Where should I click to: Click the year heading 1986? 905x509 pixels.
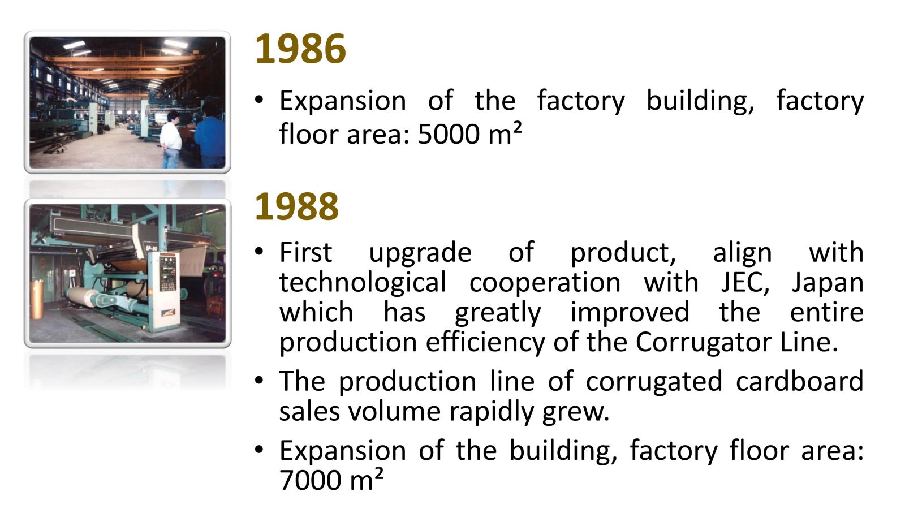[x=300, y=49]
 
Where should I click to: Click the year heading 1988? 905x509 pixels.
[x=296, y=206]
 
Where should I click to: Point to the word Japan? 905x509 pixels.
[x=828, y=283]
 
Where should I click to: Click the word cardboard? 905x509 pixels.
[x=800, y=381]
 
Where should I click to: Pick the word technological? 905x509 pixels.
[x=363, y=283]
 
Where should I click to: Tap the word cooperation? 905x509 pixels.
[x=545, y=283]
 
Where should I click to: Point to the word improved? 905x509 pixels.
[x=630, y=313]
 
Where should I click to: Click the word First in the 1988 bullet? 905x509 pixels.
[x=306, y=252]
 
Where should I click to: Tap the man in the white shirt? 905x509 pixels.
[x=171, y=139]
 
